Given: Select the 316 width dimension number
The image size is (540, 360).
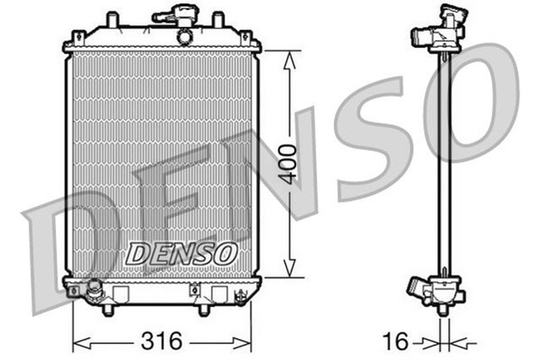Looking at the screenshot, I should [x=163, y=341].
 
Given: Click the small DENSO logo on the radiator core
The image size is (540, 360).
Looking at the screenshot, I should [x=181, y=251].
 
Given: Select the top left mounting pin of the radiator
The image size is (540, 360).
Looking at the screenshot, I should [x=110, y=19].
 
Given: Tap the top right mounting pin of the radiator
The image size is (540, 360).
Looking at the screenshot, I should [x=218, y=19].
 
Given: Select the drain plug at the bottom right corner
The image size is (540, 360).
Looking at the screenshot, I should [x=242, y=297].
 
